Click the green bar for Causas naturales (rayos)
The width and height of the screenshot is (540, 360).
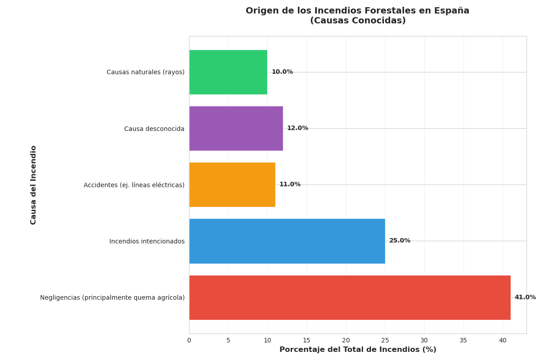tap(228, 72)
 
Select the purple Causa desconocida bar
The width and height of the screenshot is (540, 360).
tap(236, 128)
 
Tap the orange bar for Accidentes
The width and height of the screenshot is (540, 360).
tap(232, 184)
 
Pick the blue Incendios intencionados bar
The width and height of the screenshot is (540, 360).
tap(287, 241)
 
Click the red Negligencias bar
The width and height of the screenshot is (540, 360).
tap(350, 297)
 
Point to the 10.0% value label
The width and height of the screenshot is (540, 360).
tap(282, 72)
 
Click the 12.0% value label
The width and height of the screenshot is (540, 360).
tap(297, 128)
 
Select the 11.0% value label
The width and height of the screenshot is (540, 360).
tap(290, 184)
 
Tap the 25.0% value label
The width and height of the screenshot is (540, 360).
tap(400, 241)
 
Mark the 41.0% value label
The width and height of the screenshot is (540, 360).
tap(525, 297)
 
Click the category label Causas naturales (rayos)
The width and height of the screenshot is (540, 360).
tap(145, 72)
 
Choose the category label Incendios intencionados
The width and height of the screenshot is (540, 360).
tap(147, 242)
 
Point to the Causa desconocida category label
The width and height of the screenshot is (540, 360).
tap(154, 129)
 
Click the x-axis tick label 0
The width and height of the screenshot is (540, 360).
tap(189, 341)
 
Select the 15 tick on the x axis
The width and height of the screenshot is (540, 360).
tap(306, 341)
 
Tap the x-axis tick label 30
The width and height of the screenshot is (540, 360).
tap(424, 341)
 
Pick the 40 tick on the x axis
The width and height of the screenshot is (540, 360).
tap(503, 341)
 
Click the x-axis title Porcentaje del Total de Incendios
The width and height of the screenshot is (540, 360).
tap(358, 350)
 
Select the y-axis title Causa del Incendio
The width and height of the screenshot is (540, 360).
tap(34, 184)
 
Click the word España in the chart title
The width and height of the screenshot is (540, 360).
tap(452, 11)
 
